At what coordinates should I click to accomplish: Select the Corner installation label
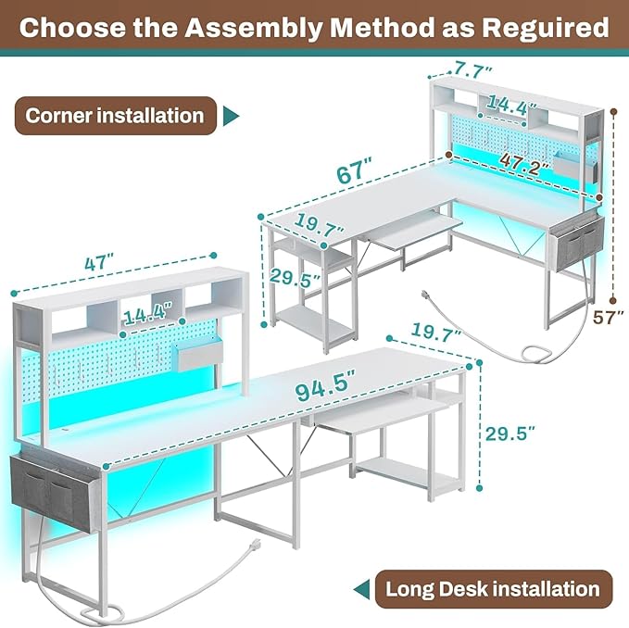pyautogui.click(x=115, y=116)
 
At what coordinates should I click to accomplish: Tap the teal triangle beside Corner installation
pyautogui.click(x=232, y=116)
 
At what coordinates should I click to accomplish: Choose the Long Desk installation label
pyautogui.click(x=492, y=587)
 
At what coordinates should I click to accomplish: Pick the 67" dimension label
pyautogui.click(x=354, y=172)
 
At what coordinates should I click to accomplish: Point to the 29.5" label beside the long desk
pyautogui.click(x=511, y=433)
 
